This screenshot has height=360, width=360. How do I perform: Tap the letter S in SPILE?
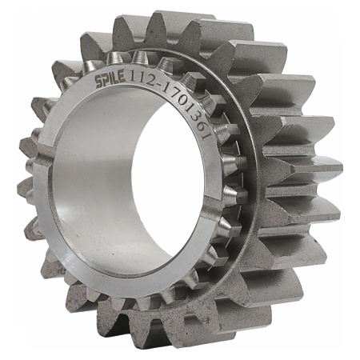(x=98, y=82)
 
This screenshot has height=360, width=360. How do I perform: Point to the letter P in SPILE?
(x=106, y=80)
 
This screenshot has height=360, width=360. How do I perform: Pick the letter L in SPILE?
(x=115, y=78)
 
